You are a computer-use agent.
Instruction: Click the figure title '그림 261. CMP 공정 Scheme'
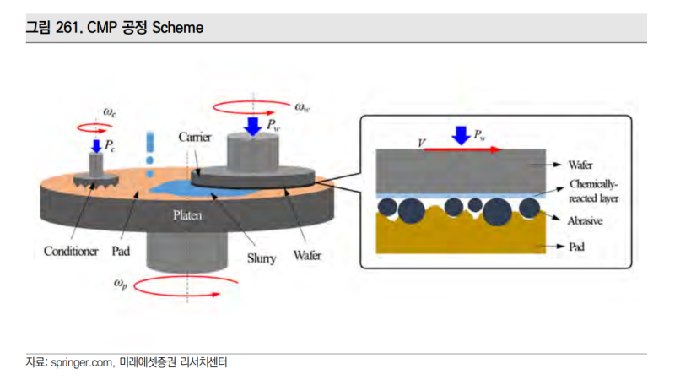click(x=115, y=27)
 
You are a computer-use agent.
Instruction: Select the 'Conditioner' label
click(x=72, y=251)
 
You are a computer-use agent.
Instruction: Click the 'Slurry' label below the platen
click(x=261, y=258)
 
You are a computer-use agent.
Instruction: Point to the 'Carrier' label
click(x=195, y=137)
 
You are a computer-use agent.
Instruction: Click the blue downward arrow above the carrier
click(x=252, y=127)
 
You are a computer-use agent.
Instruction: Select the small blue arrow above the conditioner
click(x=96, y=145)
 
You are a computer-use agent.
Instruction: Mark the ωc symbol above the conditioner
click(x=110, y=111)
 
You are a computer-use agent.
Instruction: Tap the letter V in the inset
click(x=422, y=144)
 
